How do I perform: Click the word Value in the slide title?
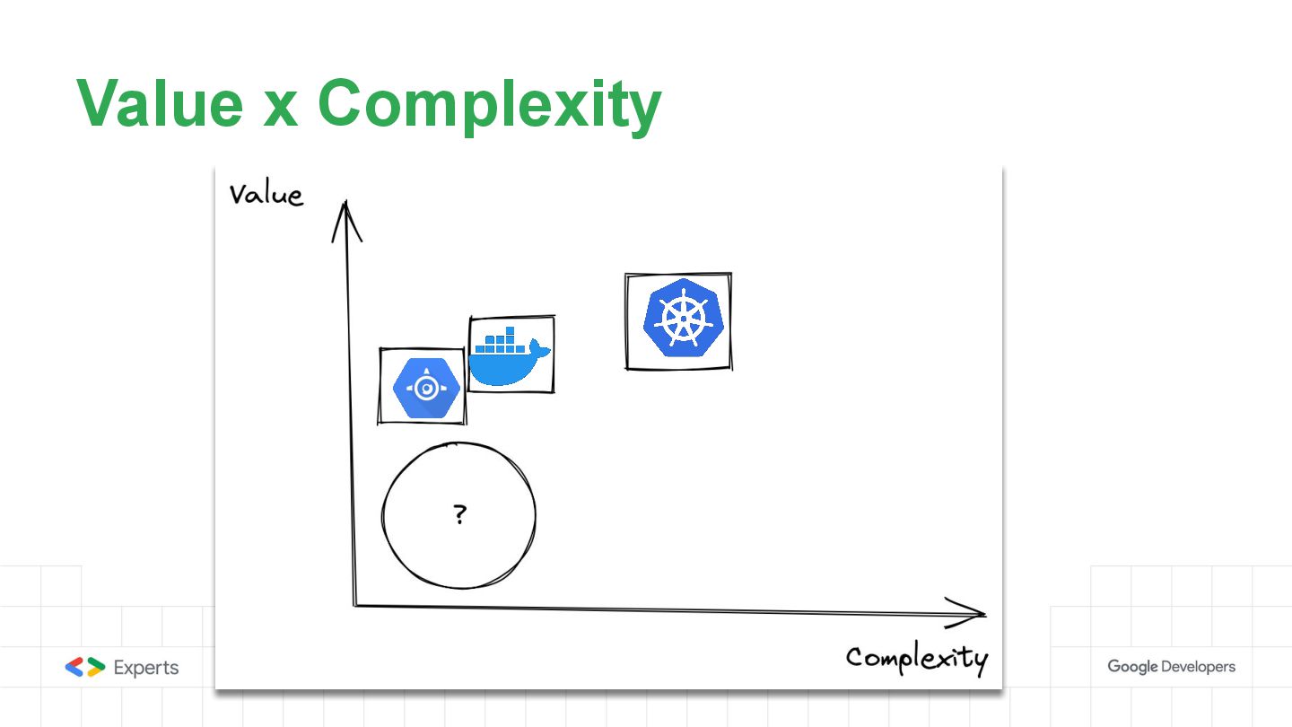click(x=159, y=103)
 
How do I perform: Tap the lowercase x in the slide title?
click(x=279, y=108)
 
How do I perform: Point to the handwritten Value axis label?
click(x=266, y=195)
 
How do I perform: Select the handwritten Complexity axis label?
click(x=916, y=659)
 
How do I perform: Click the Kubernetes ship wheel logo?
click(x=679, y=320)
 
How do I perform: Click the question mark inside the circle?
click(x=459, y=514)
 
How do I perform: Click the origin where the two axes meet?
click(x=355, y=605)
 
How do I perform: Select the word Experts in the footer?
click(x=145, y=668)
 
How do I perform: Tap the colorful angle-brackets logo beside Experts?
click(x=85, y=667)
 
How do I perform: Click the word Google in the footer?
click(x=1131, y=667)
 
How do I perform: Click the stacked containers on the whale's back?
click(x=502, y=340)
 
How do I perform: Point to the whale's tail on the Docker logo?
click(x=542, y=349)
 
